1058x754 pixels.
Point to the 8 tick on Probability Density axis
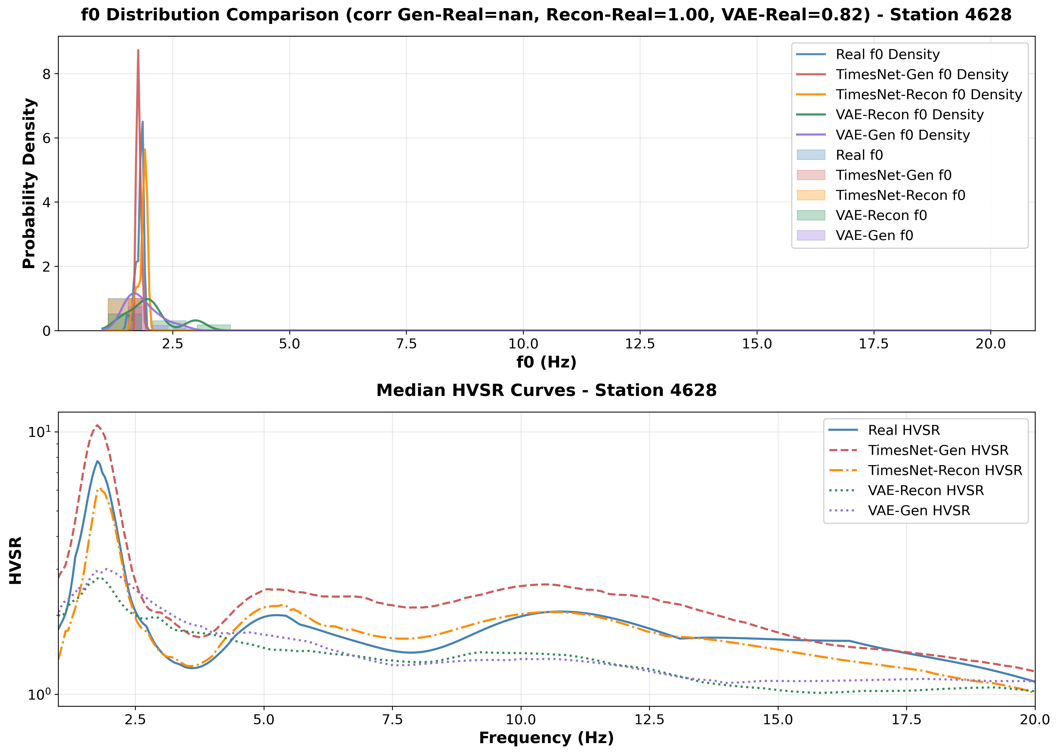[47, 74]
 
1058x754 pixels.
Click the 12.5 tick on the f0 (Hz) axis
[640, 344]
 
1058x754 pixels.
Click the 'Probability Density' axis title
[29, 183]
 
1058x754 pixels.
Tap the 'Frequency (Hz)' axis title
[546, 738]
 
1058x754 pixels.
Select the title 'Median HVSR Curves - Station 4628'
[546, 390]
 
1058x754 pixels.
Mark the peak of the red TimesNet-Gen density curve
[138, 50]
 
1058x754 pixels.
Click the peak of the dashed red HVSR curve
[97, 425]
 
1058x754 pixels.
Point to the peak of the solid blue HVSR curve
[97, 461]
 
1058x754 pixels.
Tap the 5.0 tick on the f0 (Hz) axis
[289, 344]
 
